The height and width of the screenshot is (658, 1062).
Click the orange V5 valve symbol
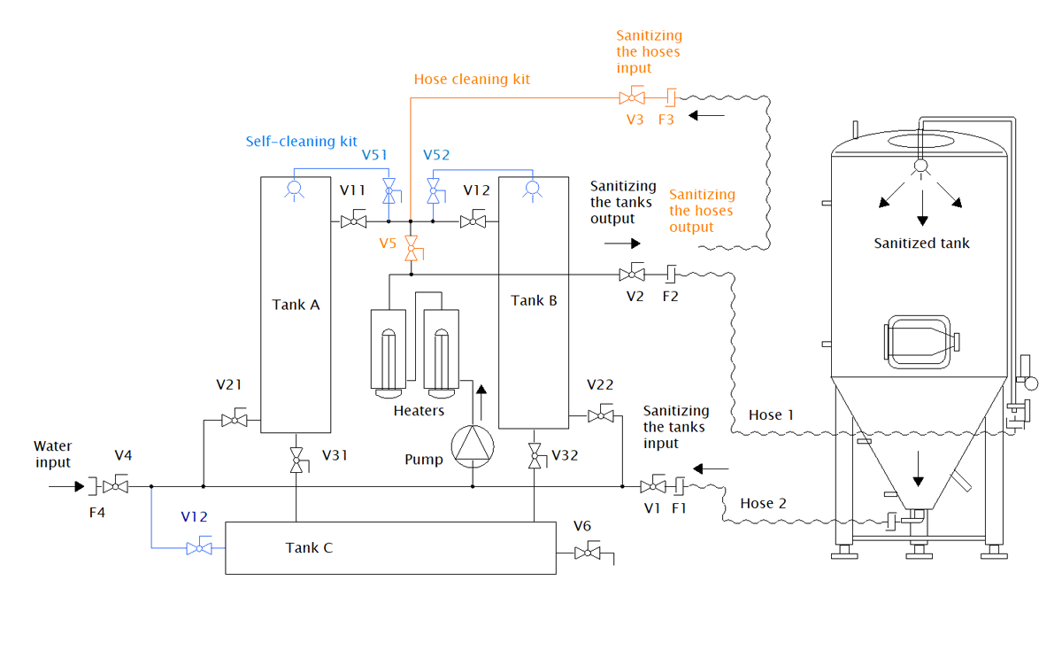coord(411,248)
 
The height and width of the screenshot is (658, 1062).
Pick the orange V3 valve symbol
coord(633,96)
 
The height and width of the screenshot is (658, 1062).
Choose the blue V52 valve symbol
coord(434,189)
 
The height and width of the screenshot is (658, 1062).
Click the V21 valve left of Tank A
coord(235,420)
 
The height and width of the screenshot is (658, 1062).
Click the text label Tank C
coord(309,548)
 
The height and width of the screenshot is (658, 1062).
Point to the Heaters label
coord(419,410)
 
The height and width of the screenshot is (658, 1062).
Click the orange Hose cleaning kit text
coord(472,79)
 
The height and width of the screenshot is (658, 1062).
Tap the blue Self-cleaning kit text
coord(301,142)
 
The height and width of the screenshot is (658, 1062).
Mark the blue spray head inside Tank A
coord(295,189)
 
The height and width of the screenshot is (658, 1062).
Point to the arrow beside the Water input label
coord(64,486)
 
